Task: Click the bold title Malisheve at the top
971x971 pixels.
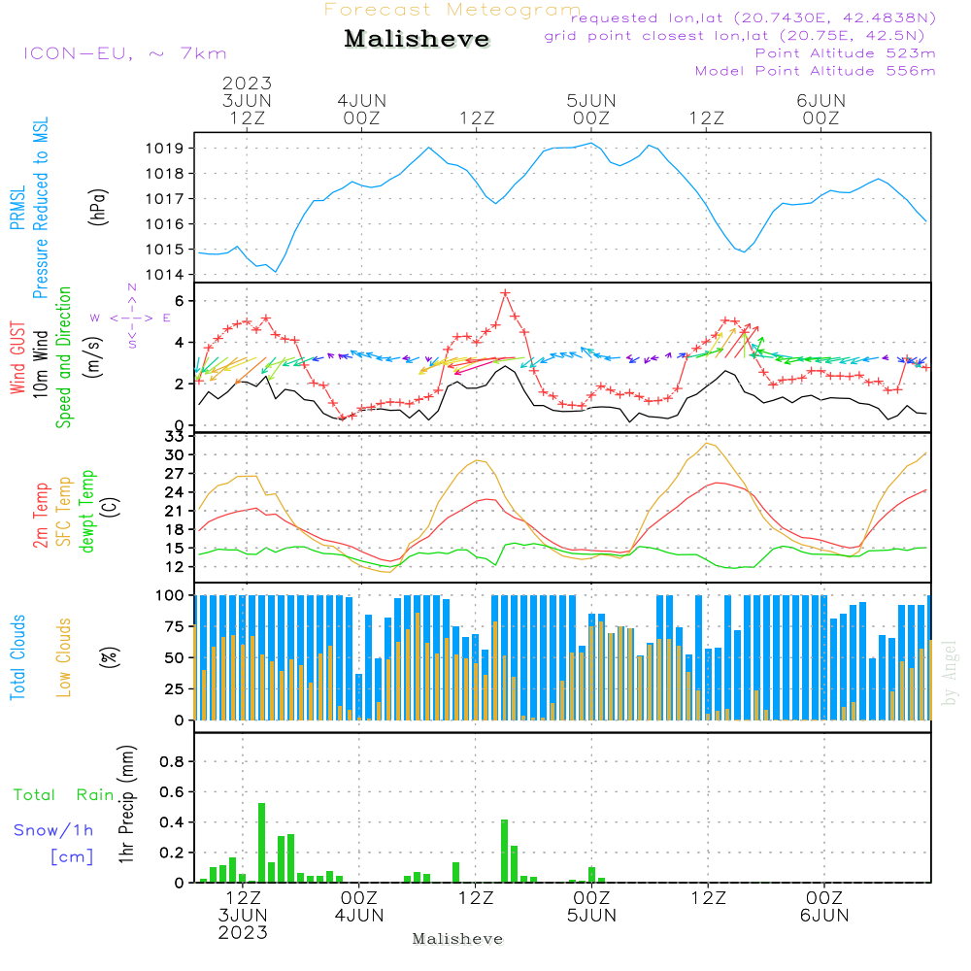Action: click(417, 39)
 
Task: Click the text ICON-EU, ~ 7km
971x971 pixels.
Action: click(125, 53)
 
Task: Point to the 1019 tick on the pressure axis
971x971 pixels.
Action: click(165, 148)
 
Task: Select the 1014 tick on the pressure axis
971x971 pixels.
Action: click(165, 275)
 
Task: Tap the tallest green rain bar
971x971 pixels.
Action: click(262, 842)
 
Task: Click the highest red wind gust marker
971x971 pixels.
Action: click(505, 293)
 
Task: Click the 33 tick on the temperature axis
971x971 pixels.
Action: click(175, 436)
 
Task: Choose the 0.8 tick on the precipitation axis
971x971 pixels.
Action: click(172, 761)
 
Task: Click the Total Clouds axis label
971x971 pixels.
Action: click(17, 657)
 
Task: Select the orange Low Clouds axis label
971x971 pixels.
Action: click(64, 657)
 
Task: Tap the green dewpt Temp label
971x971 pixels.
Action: click(87, 511)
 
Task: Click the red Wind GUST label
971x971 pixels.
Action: click(17, 357)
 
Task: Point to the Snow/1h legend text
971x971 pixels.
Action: click(53, 830)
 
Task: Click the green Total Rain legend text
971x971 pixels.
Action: click(64, 794)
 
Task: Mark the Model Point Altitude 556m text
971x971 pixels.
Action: click(815, 71)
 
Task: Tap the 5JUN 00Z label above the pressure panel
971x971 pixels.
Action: click(591, 109)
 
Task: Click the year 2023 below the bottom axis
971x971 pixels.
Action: click(243, 932)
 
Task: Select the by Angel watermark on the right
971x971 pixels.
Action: click(950, 673)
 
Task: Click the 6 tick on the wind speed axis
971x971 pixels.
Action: click(180, 301)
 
